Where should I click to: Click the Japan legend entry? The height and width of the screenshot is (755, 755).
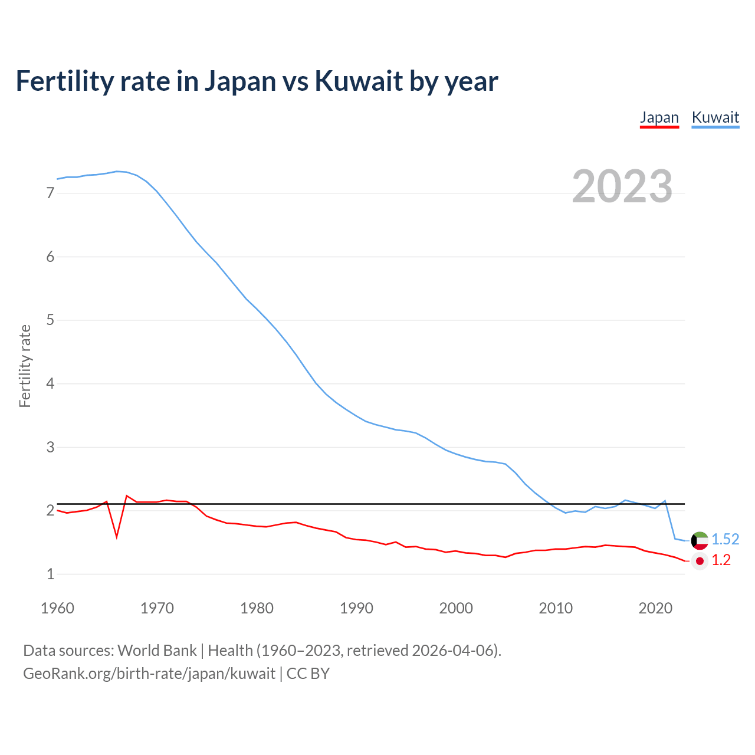659,117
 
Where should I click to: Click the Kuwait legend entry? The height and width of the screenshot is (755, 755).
715,117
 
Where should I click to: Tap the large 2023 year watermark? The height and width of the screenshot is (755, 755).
622,186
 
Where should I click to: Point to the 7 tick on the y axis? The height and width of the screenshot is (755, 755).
50,193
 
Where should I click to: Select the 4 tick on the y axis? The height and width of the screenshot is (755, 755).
50,384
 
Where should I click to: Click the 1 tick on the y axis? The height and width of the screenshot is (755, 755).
50,574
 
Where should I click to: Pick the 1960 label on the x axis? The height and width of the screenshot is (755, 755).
57,608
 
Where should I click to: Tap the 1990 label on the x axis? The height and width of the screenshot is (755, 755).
356,608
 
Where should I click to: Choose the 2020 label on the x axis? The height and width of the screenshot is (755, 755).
655,608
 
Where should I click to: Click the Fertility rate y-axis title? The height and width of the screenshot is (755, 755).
25,366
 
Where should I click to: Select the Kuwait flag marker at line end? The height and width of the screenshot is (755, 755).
700,540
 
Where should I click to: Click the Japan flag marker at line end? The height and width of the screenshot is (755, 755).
700,560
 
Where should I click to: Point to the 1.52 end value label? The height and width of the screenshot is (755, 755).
725,540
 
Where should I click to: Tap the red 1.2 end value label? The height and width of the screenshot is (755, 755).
721,560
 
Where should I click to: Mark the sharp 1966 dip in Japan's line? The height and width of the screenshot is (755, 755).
117,536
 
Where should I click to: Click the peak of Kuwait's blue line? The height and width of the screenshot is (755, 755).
117,172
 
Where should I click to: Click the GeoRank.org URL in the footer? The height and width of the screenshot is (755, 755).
149,674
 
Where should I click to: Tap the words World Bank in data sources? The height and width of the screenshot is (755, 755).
157,651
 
